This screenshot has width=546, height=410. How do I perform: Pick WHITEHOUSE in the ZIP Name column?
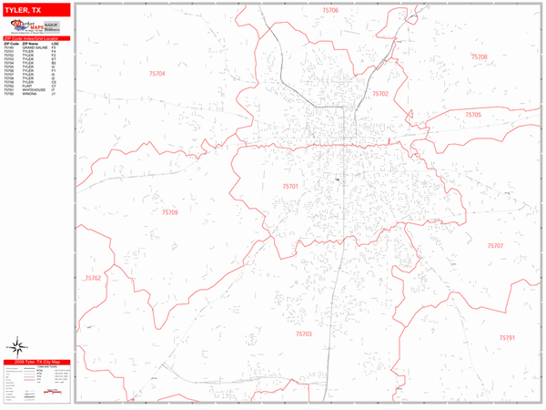33,89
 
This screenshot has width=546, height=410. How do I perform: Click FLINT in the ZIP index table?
26,86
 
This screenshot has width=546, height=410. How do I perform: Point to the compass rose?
15,345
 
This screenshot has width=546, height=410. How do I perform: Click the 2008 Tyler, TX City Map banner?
36,363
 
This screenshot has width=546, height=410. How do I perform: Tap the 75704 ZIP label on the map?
157,74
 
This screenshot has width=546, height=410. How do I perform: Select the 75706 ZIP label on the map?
329,10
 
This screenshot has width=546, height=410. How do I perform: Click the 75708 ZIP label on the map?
479,56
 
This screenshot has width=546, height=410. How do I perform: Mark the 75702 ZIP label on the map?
380,94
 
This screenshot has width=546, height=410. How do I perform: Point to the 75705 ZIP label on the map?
473,115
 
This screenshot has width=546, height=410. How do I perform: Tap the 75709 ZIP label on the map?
170,212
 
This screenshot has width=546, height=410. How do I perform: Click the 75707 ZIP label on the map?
495,246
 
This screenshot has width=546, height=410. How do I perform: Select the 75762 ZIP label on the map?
93,278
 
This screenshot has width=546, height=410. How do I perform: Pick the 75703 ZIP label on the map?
303,333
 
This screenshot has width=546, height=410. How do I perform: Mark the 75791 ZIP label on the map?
507,337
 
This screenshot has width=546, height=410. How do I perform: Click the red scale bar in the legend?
56,395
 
